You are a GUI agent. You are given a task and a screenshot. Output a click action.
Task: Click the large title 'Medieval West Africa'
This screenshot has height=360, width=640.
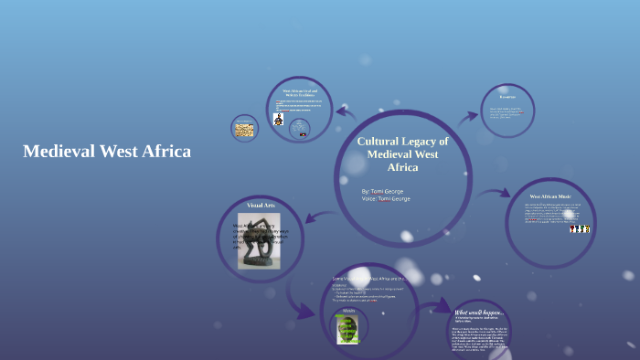point(107,152)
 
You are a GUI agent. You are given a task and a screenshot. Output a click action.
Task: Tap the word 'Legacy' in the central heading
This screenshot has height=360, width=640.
point(425,142)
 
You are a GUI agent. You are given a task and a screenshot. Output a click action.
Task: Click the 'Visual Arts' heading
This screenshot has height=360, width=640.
point(261,206)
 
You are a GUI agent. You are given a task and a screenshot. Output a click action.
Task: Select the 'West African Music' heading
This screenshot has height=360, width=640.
point(550,196)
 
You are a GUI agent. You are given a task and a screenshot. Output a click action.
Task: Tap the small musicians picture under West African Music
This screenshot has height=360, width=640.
point(580,228)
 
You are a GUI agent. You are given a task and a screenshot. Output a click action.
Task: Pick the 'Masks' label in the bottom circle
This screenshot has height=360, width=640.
point(348,310)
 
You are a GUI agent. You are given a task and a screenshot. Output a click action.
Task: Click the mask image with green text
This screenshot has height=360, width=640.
point(347,329)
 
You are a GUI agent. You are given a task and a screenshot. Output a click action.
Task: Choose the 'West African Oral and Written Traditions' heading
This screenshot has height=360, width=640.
point(298,93)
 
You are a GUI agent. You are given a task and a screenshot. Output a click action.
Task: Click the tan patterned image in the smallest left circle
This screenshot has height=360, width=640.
point(244,130)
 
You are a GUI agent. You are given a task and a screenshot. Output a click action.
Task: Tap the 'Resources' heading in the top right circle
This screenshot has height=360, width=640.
point(507,97)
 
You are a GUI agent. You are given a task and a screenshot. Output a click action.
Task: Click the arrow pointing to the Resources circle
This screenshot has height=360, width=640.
point(466,116)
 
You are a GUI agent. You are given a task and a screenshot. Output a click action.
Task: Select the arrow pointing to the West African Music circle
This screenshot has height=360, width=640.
point(498,195)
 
